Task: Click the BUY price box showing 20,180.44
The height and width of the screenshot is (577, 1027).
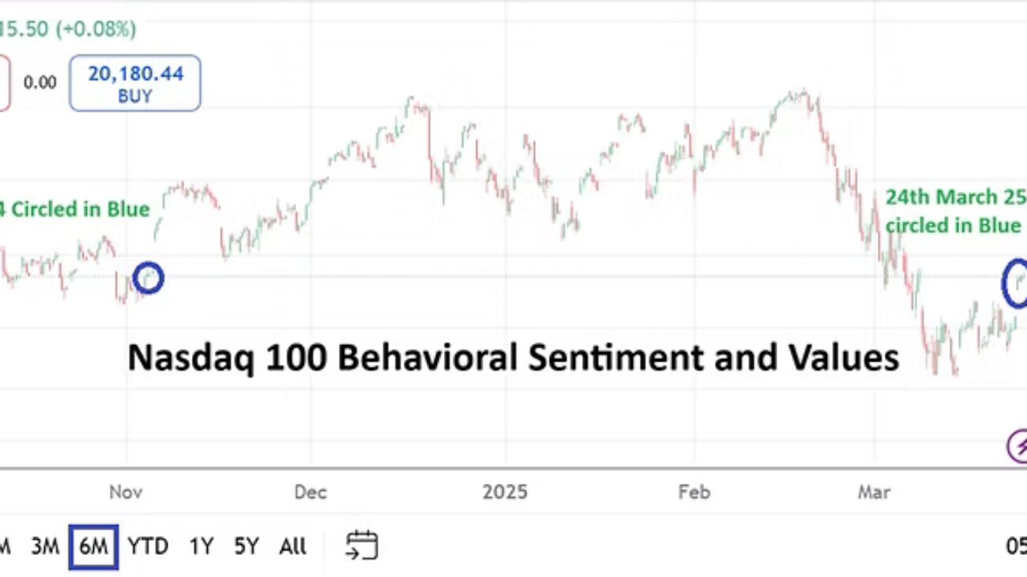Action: coord(134,83)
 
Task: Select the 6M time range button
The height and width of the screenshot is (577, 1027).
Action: coord(93,546)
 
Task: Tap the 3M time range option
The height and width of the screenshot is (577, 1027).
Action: coord(45,546)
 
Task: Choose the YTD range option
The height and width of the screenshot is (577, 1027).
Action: coord(148,546)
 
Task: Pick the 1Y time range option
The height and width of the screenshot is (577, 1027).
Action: coord(201,546)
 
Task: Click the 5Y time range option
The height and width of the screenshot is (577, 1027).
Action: coord(246,546)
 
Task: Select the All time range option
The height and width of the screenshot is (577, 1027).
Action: coord(292,546)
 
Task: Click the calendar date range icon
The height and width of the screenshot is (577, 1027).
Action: coord(362,545)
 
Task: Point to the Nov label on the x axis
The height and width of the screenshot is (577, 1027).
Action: coord(126,493)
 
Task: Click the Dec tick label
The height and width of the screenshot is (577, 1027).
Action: coord(310,493)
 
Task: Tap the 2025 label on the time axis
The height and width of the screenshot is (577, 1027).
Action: coord(505,493)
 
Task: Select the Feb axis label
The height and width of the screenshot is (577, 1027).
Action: coord(694,493)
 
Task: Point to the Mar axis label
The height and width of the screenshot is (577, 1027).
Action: coord(874,493)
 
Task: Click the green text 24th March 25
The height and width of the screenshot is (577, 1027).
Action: coord(954,197)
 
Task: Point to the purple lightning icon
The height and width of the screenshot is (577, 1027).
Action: coord(1018,446)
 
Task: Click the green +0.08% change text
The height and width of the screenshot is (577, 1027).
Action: coord(101,29)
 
